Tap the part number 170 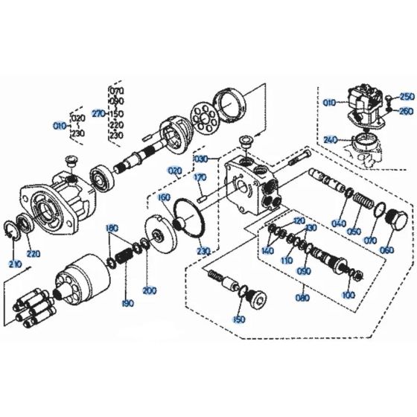pos(200,178)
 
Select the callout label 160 pos(165,197)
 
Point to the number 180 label pos(112,227)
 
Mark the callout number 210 pos(14,264)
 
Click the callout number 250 pos(406,97)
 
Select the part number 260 pos(406,111)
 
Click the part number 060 pos(386,249)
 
